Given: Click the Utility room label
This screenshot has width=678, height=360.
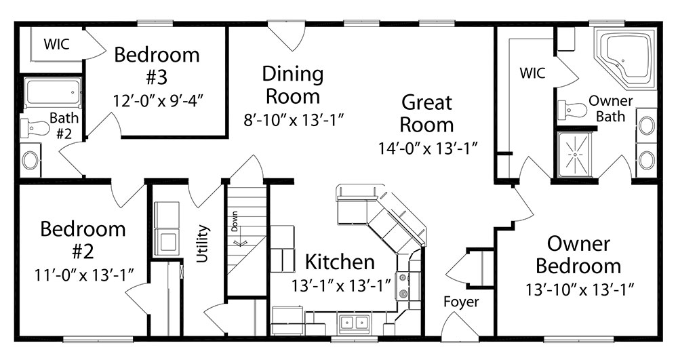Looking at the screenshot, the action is coord(202,243).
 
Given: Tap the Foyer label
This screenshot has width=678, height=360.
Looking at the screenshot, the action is coord(461,302).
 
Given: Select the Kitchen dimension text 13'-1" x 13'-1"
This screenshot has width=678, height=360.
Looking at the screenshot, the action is coord(341,285).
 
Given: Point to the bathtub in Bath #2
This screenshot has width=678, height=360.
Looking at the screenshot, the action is coord(52,94).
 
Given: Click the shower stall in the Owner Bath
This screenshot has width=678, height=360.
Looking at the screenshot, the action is coord(575,155).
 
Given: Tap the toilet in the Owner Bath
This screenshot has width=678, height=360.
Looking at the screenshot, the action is coord(572,110).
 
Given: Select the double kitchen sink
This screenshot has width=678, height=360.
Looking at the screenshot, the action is coord(354,323).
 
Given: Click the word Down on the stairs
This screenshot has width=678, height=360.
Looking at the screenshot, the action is coord(235,221).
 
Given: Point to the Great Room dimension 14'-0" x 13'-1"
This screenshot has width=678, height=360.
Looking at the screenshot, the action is coord(428,148).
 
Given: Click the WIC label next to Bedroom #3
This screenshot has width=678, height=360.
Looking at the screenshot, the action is coord(57,43).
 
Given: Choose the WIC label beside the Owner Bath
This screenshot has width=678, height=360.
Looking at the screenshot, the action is coord(532,73).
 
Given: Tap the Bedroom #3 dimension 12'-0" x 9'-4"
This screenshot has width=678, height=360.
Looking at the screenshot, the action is coord(158,101).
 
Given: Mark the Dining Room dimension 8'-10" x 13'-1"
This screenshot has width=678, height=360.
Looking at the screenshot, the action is coord(294,120).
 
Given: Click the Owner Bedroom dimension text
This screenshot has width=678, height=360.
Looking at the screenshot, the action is coord(580,289).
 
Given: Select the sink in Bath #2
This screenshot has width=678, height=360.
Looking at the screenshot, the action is coord(31,161).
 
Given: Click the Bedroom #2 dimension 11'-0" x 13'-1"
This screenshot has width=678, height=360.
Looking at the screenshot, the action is coord(84,275).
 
